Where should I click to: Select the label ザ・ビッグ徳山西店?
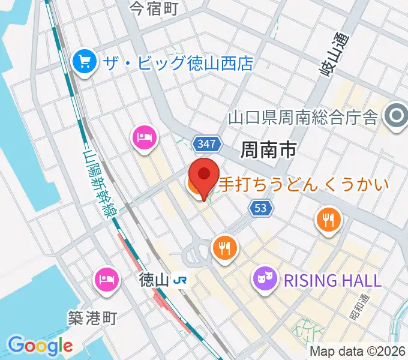(179, 63)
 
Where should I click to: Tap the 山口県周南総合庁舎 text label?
(303, 117)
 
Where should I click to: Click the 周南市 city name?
(268, 149)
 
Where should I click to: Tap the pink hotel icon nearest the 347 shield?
(144, 137)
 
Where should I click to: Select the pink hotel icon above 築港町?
(106, 278)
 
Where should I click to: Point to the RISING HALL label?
(332, 280)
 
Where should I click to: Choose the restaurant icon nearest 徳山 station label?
(225, 247)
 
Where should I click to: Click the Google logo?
(40, 346)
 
